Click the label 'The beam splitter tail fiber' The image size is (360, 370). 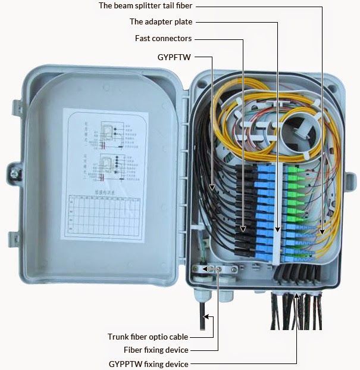point(145,6)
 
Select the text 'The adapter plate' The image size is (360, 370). point(161,22)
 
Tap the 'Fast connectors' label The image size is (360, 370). point(164,39)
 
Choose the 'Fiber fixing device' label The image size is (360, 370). point(156,350)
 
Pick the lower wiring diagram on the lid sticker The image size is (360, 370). point(111,167)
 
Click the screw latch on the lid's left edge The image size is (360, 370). point(12,172)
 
